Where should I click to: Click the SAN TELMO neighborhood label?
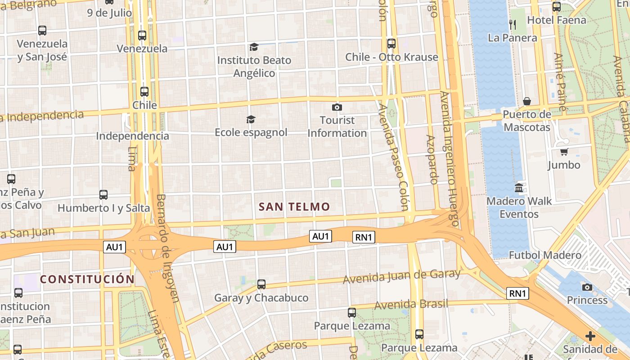tap(294, 207)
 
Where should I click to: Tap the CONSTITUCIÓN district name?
tap(87, 279)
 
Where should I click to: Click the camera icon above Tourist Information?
tap(337, 107)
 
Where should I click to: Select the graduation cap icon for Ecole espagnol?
tap(251, 119)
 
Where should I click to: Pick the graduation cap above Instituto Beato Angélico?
tap(254, 47)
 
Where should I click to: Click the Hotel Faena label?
tap(557, 20)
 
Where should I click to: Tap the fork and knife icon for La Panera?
tap(513, 24)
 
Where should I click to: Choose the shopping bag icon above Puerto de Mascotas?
tap(526, 101)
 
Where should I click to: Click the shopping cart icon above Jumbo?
tap(564, 152)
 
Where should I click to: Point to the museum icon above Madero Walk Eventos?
tap(519, 188)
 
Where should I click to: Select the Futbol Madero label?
tap(545, 255)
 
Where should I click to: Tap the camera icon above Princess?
tap(587, 287)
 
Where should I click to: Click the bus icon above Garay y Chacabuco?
tap(261, 284)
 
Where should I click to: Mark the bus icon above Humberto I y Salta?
tap(103, 195)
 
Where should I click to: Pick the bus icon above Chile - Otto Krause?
tap(391, 44)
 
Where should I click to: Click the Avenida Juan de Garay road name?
tap(401, 276)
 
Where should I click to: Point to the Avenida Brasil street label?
tap(411, 304)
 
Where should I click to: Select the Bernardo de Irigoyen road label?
tap(168, 247)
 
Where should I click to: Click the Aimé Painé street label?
tap(560, 82)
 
